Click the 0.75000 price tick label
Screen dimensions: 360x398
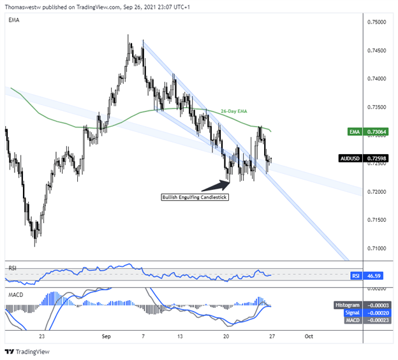click(x=376, y=22)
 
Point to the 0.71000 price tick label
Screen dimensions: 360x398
click(x=376, y=248)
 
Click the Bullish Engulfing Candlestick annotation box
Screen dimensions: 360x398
click(x=194, y=197)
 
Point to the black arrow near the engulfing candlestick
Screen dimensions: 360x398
click(x=215, y=185)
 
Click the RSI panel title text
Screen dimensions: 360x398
click(x=12, y=268)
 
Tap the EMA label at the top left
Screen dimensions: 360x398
click(x=13, y=20)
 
